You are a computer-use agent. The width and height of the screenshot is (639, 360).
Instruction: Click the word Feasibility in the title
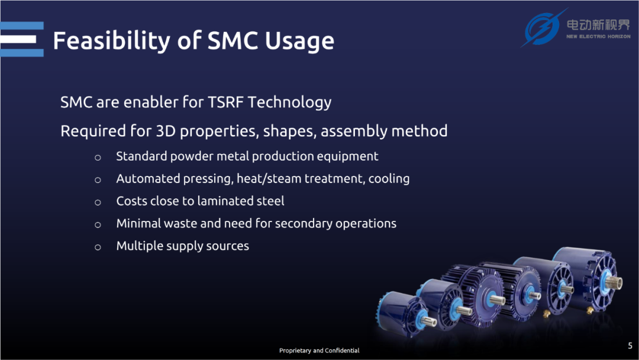[x=112, y=41]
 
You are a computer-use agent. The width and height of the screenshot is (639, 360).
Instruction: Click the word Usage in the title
[x=299, y=41]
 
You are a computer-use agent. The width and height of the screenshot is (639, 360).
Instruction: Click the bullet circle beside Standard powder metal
[x=98, y=157]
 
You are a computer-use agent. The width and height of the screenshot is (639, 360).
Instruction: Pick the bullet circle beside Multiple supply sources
[x=98, y=247]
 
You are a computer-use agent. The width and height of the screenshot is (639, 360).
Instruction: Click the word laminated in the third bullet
[x=225, y=201]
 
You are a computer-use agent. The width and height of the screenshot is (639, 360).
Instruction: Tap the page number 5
[x=630, y=346]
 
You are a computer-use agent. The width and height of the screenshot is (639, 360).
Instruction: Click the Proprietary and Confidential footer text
[x=319, y=350]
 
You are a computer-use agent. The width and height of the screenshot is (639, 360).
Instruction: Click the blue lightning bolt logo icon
[x=543, y=28]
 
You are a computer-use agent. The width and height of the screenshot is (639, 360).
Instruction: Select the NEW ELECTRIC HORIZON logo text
[x=598, y=37]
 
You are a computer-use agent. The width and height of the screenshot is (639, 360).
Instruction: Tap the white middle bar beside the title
[x=18, y=40]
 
